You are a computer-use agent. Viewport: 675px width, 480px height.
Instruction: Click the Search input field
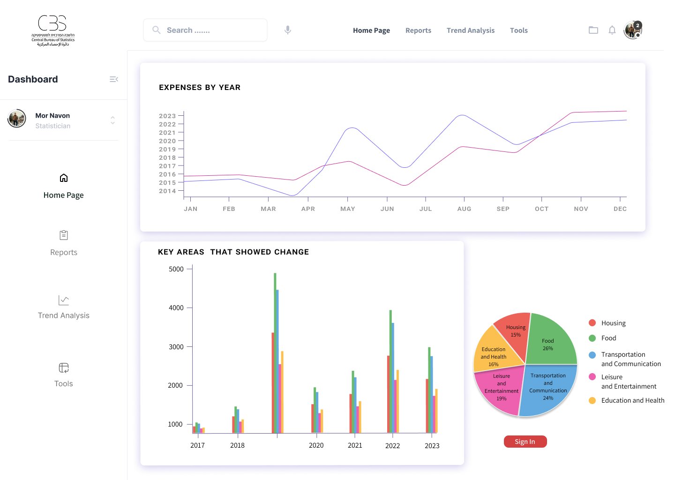(205, 30)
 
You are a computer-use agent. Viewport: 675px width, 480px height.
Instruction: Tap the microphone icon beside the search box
(288, 30)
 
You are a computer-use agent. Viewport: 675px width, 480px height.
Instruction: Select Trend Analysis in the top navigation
(470, 30)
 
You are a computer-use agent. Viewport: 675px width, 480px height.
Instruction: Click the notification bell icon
(612, 30)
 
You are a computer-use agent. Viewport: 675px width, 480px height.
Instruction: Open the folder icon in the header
(593, 30)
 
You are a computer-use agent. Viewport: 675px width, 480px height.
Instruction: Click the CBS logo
(52, 30)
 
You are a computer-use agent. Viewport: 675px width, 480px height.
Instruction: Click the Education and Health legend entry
(632, 400)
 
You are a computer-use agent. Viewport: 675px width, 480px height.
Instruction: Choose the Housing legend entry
(613, 323)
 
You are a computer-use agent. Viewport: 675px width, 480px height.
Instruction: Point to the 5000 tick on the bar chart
(176, 269)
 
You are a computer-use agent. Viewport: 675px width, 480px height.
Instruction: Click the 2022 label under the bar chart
(392, 446)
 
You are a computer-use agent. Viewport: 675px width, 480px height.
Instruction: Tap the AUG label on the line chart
(464, 209)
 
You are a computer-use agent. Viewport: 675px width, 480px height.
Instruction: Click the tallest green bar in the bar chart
(275, 352)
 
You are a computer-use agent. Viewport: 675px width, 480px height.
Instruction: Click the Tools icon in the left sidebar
(64, 368)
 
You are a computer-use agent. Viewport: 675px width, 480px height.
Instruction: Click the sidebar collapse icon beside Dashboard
(113, 79)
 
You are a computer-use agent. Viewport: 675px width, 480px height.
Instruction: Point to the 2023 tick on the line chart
(167, 116)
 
